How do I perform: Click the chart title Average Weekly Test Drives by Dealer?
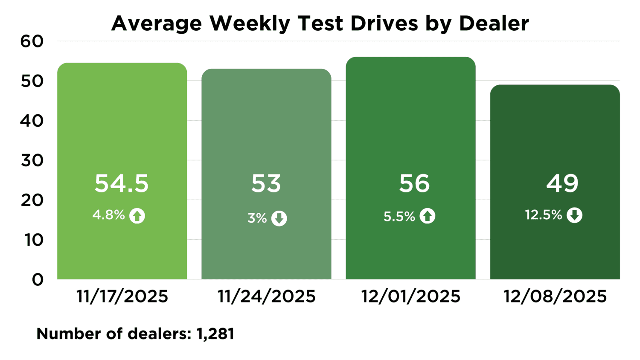coord(320,23)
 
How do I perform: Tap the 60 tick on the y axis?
coord(32,41)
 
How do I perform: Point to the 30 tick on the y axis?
coord(32,160)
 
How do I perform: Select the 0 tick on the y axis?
coord(38,279)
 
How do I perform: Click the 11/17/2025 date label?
coord(122,296)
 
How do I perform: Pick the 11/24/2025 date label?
coord(267,296)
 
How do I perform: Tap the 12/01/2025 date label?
coord(411,296)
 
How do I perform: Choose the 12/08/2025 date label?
coord(555,296)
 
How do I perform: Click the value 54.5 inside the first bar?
coord(122,183)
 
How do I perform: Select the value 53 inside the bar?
coord(266,183)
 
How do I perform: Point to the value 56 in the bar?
coord(414,183)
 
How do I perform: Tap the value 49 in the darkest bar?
coord(562,183)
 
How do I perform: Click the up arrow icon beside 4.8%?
coord(137,216)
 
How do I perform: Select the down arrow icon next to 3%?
coord(279,218)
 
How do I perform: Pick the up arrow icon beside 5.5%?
coord(428,216)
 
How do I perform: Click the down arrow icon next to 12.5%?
coord(574,215)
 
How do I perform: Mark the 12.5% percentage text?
coord(544,215)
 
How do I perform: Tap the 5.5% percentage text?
coord(399,217)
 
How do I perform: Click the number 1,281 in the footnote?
coord(215,334)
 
